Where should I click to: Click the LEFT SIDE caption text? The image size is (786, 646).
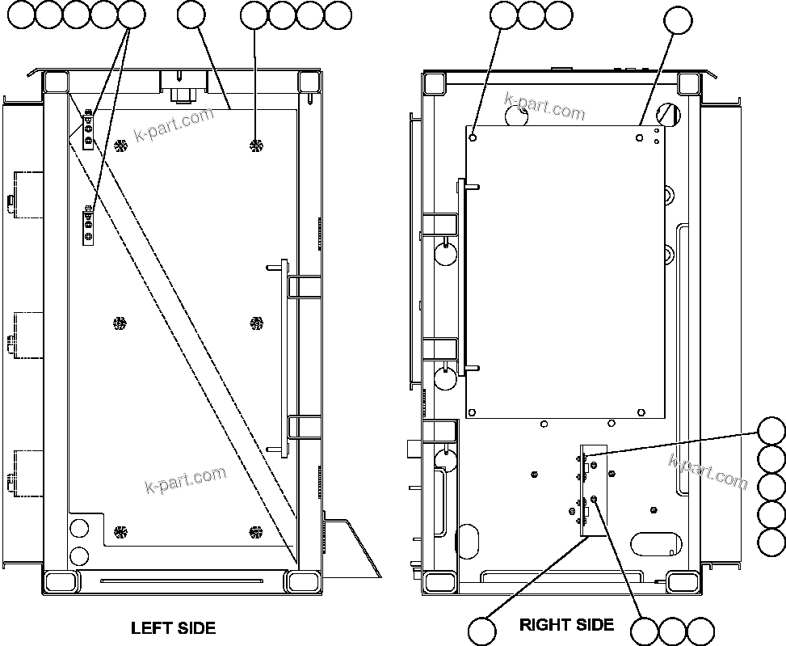click(x=173, y=627)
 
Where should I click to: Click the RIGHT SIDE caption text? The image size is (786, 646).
click(x=566, y=624)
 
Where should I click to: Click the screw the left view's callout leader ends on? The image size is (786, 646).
click(x=256, y=146)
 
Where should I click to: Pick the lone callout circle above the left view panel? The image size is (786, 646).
click(x=191, y=14)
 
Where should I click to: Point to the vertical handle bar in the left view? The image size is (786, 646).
click(x=282, y=355)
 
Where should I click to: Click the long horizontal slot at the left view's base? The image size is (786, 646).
click(x=181, y=580)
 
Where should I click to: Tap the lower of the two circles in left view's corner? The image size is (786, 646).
click(x=79, y=555)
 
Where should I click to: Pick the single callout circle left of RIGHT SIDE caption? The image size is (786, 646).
click(x=483, y=631)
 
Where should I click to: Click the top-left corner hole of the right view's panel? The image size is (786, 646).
click(x=474, y=137)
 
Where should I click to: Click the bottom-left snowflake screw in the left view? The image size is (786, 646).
click(x=120, y=532)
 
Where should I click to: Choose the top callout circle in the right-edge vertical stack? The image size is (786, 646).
click(x=771, y=431)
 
